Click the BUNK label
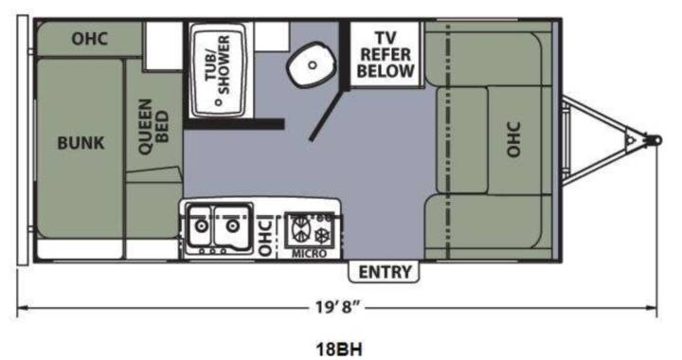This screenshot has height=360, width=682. point(81,143)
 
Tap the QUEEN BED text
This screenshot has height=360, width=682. point(153,127)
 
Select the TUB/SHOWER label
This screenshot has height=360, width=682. point(218,64)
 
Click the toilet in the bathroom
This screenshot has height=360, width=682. point(311,64)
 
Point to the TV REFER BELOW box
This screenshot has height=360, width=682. point(386,54)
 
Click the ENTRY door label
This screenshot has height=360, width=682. point(385,272)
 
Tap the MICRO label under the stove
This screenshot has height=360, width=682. point(309,254)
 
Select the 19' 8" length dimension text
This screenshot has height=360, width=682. point(338,307)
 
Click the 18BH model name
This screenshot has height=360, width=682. point(339,350)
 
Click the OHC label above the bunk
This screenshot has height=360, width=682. point(90,39)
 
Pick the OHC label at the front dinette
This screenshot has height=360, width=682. point(513,139)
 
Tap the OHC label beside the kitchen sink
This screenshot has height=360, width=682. point(265,237)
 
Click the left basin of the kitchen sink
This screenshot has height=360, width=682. point(200,225)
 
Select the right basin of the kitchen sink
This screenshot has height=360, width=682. point(232,225)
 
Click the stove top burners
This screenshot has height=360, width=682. point(313,230)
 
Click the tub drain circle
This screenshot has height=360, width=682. point(218,102)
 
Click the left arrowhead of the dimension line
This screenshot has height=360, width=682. point(23,308)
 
